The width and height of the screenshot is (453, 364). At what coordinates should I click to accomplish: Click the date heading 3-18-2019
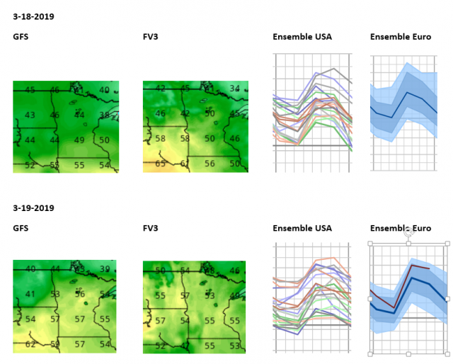pyautogui.click(x=33, y=16)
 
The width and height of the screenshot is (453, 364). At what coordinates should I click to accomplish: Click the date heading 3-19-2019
pyautogui.click(x=33, y=208)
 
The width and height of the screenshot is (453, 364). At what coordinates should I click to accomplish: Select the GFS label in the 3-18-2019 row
pyautogui.click(x=21, y=37)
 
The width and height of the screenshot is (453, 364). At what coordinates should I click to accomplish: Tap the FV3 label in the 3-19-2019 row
pyautogui.click(x=151, y=228)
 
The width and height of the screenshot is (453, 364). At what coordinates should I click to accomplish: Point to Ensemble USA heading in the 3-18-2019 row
pyautogui.click(x=302, y=37)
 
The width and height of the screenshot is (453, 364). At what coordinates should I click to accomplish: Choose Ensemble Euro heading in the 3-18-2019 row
pyautogui.click(x=401, y=37)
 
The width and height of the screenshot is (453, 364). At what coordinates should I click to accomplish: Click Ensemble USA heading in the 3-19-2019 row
pyautogui.click(x=302, y=228)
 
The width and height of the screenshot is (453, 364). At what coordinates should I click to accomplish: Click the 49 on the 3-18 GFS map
pyautogui.click(x=79, y=140)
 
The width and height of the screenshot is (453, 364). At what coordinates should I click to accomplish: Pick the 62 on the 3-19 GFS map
pyautogui.click(x=30, y=344)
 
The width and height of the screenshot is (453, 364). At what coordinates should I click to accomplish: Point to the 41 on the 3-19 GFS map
pyautogui.click(x=30, y=294)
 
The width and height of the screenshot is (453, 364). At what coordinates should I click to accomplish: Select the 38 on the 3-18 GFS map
pyautogui.click(x=105, y=115)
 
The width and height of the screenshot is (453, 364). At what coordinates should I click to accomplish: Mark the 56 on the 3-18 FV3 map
pyautogui.click(x=209, y=164)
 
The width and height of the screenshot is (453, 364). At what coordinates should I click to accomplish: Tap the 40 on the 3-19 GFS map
pyautogui.click(x=30, y=269)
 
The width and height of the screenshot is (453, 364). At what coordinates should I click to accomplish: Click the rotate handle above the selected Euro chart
pyautogui.click(x=408, y=232)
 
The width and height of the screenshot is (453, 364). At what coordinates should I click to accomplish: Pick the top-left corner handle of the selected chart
pyautogui.click(x=370, y=243)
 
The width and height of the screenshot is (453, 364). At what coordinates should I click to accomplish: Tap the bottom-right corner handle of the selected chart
pyautogui.click(x=447, y=353)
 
